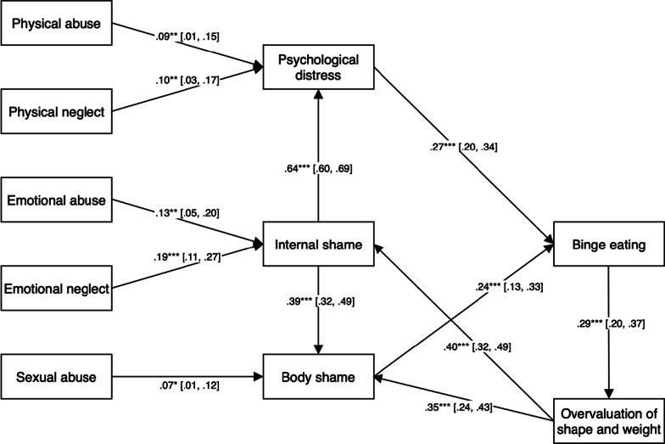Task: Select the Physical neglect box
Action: (56, 111)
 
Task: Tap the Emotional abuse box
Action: (56, 201)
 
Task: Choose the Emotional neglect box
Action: (56, 289)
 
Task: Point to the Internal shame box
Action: (318, 246)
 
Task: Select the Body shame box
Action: (318, 374)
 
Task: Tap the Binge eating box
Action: (606, 246)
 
